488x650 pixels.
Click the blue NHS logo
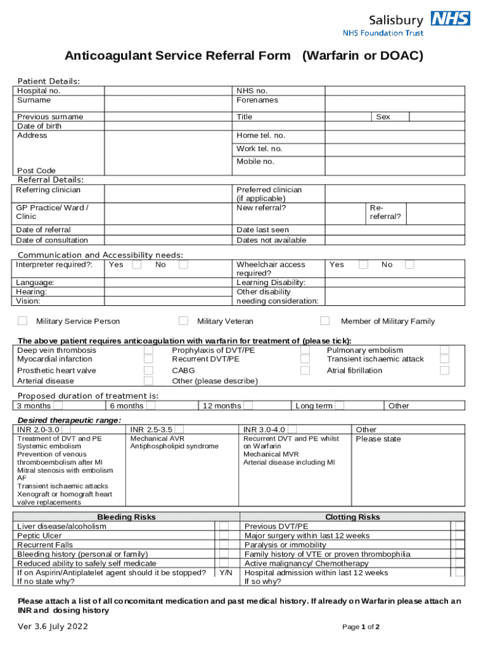450,18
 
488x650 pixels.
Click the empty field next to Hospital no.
169,91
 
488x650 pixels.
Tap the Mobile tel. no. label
255,162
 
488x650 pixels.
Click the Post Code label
36,171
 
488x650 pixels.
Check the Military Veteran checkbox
183,321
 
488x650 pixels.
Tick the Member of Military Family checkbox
324,321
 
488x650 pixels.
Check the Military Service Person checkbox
22,321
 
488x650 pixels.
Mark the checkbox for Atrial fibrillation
444,371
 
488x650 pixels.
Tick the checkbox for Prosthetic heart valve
148,371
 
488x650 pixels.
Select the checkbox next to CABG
305,371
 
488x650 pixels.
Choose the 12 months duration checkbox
248,406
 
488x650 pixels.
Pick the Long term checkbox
340,406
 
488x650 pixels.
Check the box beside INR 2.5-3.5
179,430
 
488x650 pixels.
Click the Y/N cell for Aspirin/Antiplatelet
225,573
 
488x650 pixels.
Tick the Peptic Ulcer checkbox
224,536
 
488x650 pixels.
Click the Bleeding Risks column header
126,517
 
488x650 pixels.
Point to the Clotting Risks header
352,517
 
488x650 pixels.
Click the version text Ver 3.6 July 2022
53,627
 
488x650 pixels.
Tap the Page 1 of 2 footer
361,627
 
